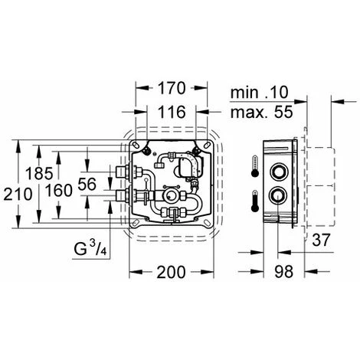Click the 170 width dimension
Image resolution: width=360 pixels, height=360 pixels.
[x=171, y=88]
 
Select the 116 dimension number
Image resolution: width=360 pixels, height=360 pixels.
[x=172, y=112]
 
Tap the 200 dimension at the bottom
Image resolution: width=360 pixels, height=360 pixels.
[x=171, y=272]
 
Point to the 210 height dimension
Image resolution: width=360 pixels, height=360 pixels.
[x=18, y=194]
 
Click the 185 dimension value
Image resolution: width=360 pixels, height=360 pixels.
[x=39, y=173]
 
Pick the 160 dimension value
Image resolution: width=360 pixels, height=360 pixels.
[x=59, y=191]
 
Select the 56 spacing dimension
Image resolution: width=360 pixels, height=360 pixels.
[x=87, y=184]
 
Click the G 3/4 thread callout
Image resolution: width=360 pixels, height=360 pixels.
[x=90, y=249]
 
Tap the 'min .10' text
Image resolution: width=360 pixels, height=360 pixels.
[x=259, y=92]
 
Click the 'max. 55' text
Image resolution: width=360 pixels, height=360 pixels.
[x=261, y=112]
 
